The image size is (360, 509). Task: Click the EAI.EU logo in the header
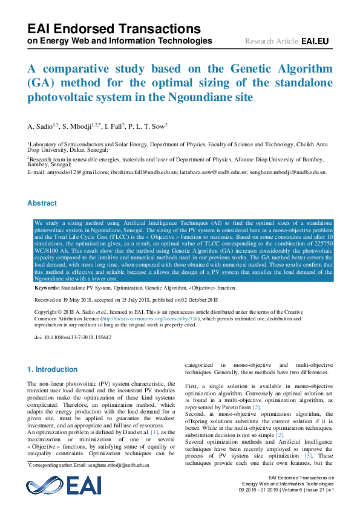tap(315, 41)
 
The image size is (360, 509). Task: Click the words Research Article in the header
tap(271, 41)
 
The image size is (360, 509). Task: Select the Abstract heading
tap(42, 204)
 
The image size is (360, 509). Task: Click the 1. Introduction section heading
tap(53, 369)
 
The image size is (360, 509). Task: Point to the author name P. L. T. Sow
tap(151, 126)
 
